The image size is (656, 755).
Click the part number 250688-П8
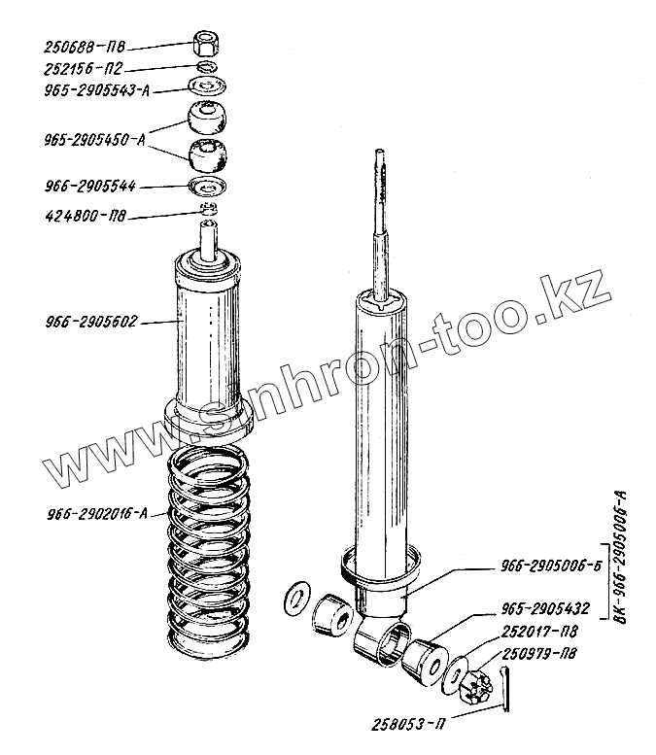(85, 46)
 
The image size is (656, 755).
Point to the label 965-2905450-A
(89, 139)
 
